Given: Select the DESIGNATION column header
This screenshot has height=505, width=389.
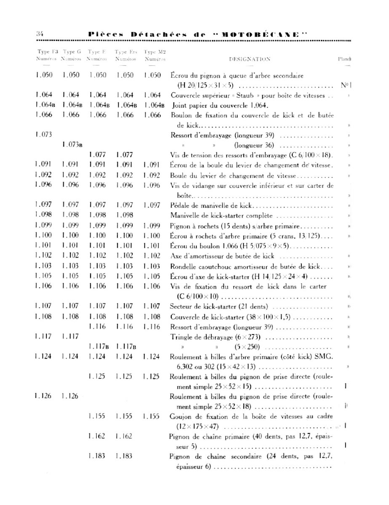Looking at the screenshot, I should tap(250, 59).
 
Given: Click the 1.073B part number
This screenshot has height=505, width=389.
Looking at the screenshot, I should tap(72, 145).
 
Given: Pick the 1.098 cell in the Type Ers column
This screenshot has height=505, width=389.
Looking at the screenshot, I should tap(125, 215).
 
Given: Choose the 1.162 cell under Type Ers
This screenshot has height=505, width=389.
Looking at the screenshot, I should tap(124, 436).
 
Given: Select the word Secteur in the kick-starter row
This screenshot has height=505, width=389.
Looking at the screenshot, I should tap(181, 306).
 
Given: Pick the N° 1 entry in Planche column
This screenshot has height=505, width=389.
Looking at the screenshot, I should tap(346, 85).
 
